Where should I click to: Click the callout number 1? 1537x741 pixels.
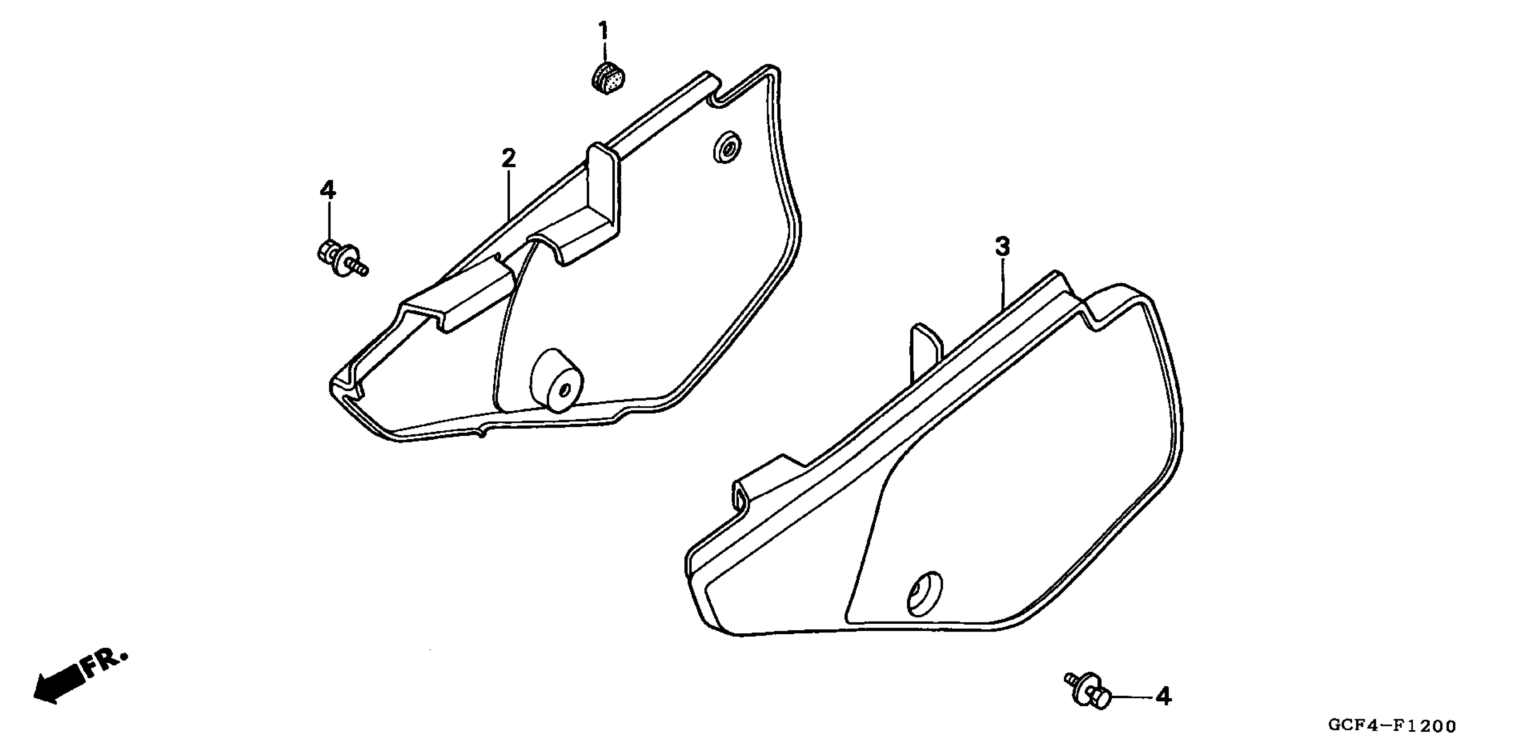click(603, 31)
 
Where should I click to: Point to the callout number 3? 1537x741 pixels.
click(1002, 247)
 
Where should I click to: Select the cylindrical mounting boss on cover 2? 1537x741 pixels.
click(557, 380)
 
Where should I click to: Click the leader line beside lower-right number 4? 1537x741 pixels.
click(1130, 696)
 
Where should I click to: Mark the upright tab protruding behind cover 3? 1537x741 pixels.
click(925, 352)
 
